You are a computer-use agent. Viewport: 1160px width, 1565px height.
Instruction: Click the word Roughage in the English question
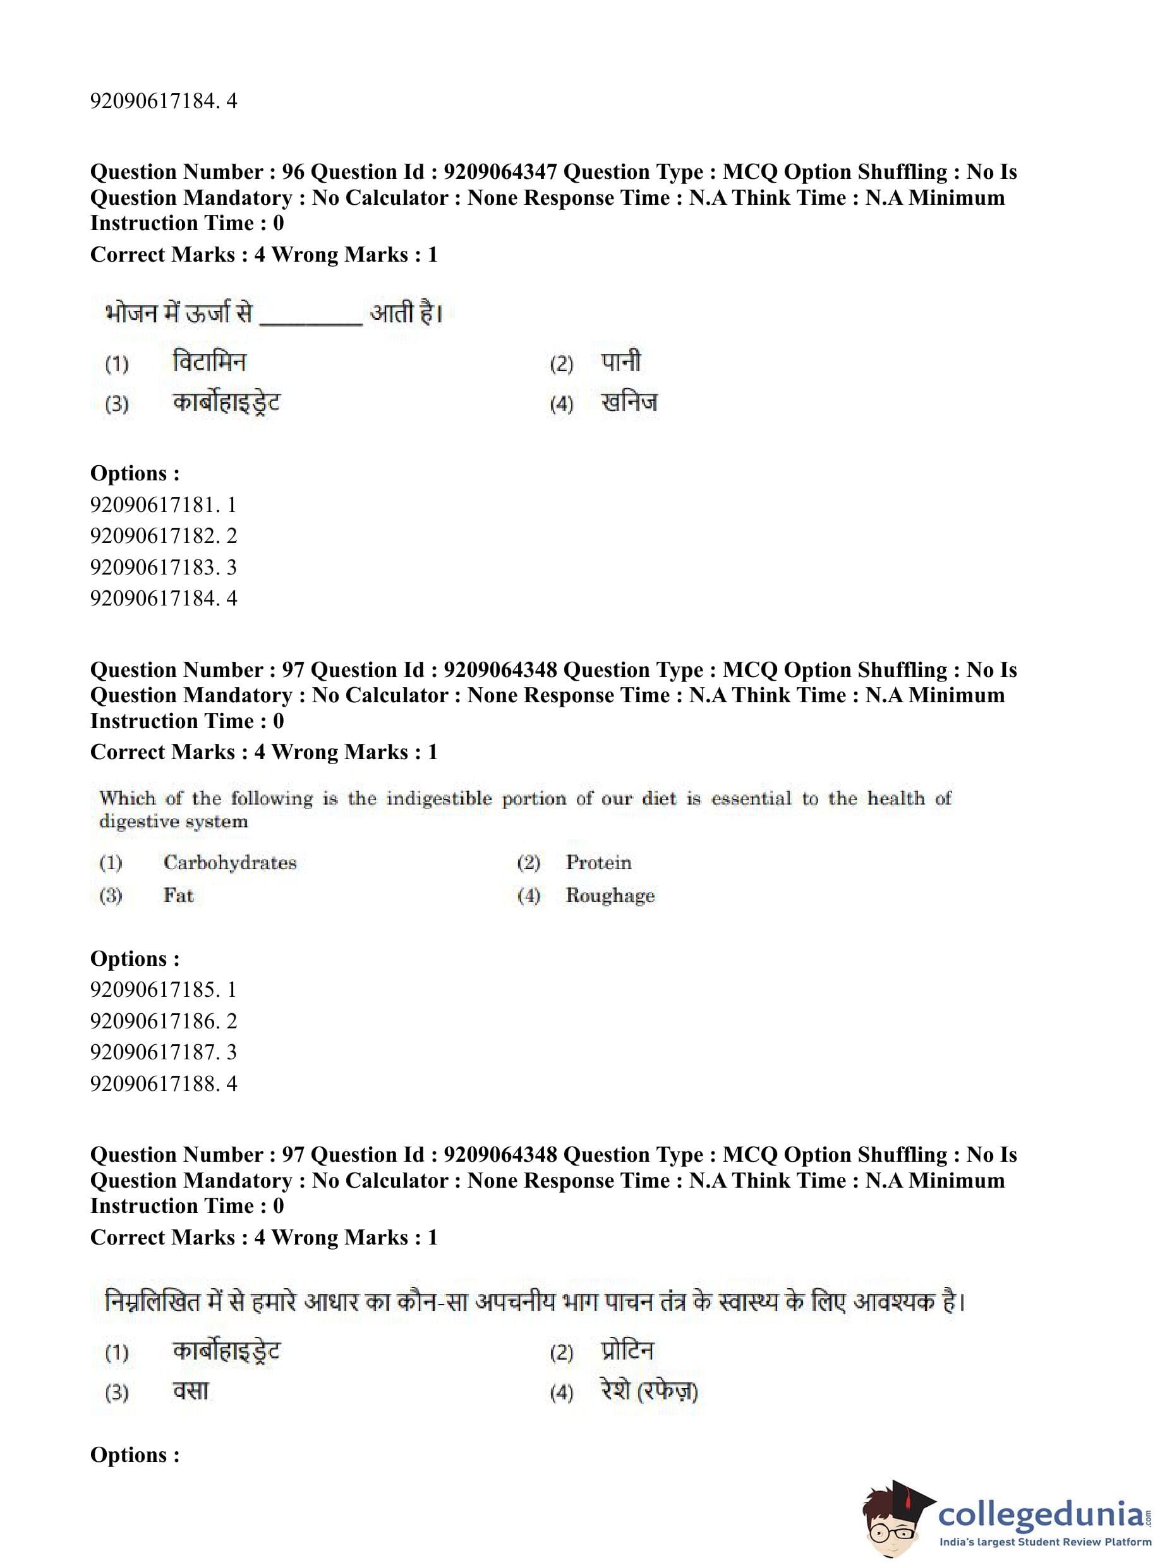[x=610, y=896]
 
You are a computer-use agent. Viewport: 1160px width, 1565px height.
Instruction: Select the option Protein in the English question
[x=598, y=863]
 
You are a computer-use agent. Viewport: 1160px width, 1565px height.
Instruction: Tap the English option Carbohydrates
[x=229, y=863]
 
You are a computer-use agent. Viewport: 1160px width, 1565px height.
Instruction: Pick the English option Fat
[x=178, y=896]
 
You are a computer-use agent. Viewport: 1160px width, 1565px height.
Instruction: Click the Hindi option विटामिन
[x=209, y=362]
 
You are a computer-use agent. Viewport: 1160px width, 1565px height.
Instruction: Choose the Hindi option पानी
[x=620, y=362]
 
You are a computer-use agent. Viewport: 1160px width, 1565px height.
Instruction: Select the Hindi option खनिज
[x=629, y=403]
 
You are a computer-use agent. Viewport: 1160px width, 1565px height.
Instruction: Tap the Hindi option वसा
[x=191, y=1392]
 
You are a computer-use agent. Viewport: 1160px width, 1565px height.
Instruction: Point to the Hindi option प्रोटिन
[x=627, y=1351]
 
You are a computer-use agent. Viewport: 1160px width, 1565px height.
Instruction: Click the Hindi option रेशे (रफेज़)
[x=649, y=1392]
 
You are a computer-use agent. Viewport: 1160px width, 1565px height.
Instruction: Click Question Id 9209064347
[x=500, y=172]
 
